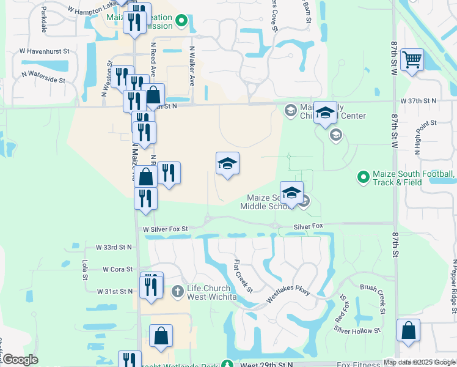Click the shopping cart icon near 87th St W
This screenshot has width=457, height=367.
pyautogui.click(x=413, y=60)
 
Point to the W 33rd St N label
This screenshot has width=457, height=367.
pyautogui.click(x=114, y=247)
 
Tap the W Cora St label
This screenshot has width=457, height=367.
pyautogui.click(x=118, y=269)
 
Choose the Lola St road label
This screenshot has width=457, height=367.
pyautogui.click(x=85, y=270)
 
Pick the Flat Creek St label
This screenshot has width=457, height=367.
pyautogui.click(x=243, y=276)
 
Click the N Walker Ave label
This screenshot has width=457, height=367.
pyautogui.click(x=192, y=66)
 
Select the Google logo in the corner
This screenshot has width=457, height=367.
pyautogui.click(x=20, y=360)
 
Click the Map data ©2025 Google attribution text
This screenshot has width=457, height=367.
pyautogui.click(x=419, y=362)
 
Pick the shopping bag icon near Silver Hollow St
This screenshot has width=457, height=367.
pyautogui.click(x=408, y=330)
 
